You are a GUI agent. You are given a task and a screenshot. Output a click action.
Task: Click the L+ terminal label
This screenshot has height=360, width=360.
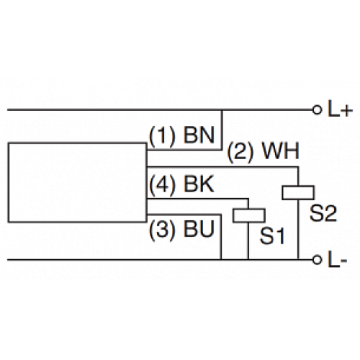coord(339,110)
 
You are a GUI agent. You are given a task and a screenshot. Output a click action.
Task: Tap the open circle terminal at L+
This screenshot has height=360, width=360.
coord(316,110)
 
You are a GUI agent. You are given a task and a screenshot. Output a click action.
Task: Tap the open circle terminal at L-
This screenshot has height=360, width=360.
coord(316,258)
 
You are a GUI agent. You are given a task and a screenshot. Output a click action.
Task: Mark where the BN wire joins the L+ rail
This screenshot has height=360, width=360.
coord(222,110)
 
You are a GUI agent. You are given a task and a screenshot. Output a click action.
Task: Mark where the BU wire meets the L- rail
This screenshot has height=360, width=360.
coord(221,258)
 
